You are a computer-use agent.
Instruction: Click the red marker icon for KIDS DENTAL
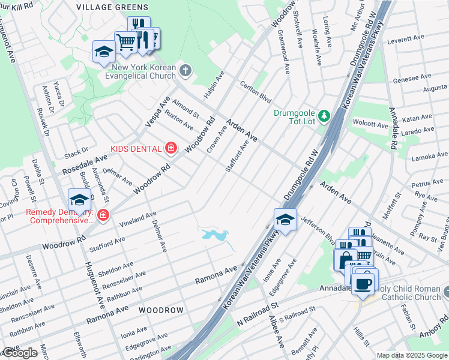click(171, 148)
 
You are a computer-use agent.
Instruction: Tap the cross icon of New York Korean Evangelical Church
click(185, 71)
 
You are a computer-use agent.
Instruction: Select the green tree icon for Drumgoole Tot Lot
click(324, 115)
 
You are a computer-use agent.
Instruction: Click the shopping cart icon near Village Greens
click(125, 42)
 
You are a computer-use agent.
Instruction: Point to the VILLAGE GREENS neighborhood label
click(112, 7)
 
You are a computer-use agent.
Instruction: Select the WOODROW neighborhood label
click(160, 310)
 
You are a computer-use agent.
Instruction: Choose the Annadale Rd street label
click(394, 128)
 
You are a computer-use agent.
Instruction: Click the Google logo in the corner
click(19, 353)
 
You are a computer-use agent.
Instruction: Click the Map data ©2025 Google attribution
click(411, 355)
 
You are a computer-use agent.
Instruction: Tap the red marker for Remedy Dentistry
click(104, 214)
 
